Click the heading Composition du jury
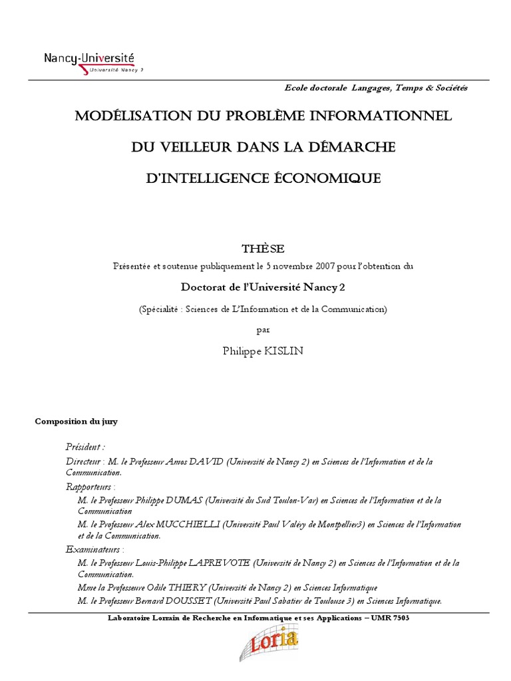point(76,421)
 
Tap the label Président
point(85,447)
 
